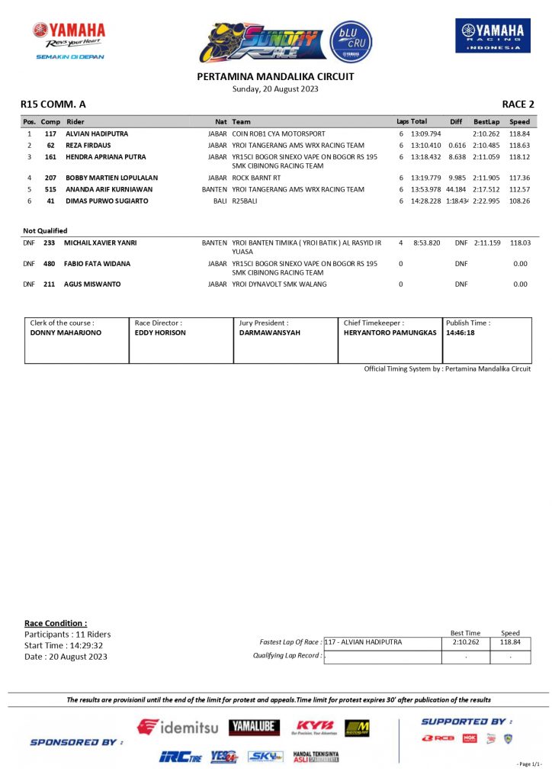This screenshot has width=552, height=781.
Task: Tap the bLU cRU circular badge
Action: click(x=351, y=41)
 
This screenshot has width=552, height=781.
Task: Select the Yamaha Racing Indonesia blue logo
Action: click(x=493, y=36)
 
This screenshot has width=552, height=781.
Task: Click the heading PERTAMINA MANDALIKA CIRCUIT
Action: click(x=275, y=76)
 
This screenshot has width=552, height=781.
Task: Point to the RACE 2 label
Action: click(x=518, y=104)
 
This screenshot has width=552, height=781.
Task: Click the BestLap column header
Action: click(x=486, y=122)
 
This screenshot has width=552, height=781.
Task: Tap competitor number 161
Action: click(x=50, y=157)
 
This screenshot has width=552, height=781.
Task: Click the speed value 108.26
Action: click(x=519, y=201)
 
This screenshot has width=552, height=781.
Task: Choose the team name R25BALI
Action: click(x=245, y=201)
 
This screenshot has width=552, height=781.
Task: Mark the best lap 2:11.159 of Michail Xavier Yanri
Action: click(x=487, y=243)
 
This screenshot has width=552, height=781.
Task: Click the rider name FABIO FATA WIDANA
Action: click(x=97, y=264)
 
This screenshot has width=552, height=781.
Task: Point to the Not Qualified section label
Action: click(x=45, y=230)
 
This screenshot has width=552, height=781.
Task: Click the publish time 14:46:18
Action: click(x=461, y=333)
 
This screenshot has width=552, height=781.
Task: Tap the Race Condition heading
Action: click(x=56, y=623)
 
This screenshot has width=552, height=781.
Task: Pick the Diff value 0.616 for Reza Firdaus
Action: click(x=457, y=146)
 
